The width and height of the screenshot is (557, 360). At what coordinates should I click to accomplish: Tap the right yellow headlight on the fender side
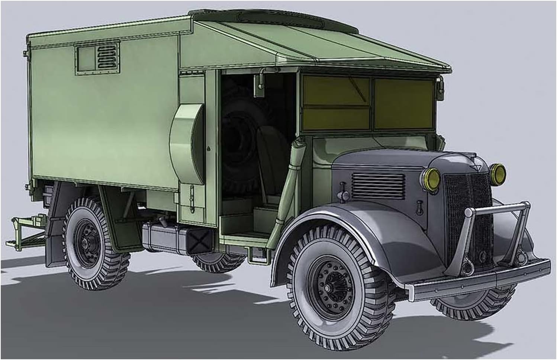click(498, 173)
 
